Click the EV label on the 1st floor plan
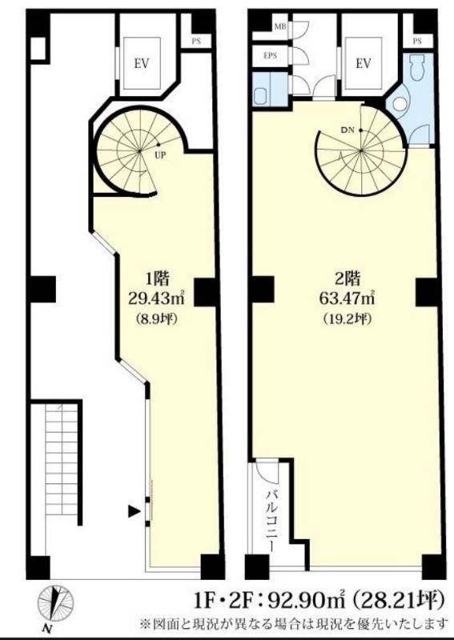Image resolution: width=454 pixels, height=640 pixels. click(x=142, y=64)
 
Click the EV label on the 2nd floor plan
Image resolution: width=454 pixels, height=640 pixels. click(x=364, y=64)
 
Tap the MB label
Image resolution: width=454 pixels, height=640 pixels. click(x=280, y=27)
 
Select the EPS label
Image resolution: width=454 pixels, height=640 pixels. click(x=270, y=56)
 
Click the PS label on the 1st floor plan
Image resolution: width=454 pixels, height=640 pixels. click(x=196, y=42)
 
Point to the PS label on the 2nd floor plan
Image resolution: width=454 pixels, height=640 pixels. click(x=417, y=42)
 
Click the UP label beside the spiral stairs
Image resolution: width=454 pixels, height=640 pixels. click(x=160, y=155)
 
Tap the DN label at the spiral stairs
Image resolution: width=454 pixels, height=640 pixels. click(x=347, y=130)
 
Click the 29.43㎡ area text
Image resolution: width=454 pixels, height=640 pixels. click(x=155, y=299)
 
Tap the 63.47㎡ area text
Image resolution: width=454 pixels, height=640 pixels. click(x=348, y=299)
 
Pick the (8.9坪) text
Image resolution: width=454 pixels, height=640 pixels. click(x=156, y=319)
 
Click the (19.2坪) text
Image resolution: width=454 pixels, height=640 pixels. click(x=348, y=319)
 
